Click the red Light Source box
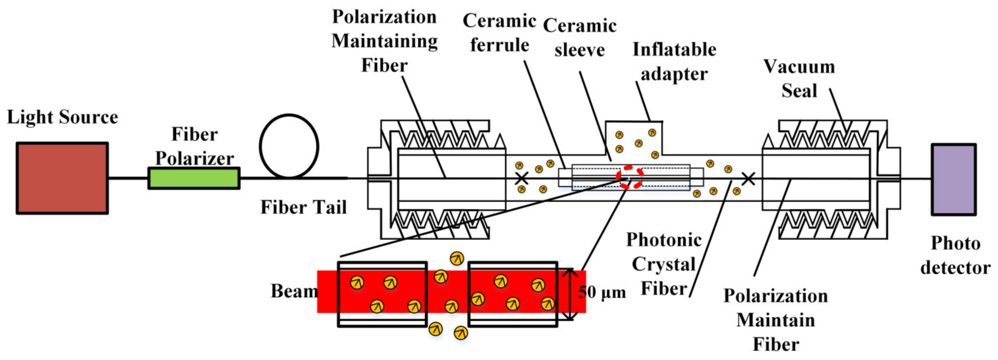coord(62,178)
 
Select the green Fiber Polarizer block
coord(194,178)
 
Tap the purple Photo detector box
coord(954,179)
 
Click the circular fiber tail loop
coord(289,146)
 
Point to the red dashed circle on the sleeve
coord(630,177)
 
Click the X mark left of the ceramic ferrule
coord(522,178)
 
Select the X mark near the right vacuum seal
coord(748,179)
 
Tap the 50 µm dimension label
coord(602,293)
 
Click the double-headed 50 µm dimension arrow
coord(569,294)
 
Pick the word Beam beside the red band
coord(294,291)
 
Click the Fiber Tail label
coord(304,207)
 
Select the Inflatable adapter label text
coord(674,62)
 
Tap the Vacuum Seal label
coord(799,79)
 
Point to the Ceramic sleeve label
coord(580,38)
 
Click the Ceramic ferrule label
coord(499,33)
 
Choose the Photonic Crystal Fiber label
coord(664,264)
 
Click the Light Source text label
coord(62,117)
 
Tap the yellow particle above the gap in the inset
coord(457,258)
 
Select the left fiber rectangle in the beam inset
coord(382,294)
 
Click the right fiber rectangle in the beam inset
coord(513,294)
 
